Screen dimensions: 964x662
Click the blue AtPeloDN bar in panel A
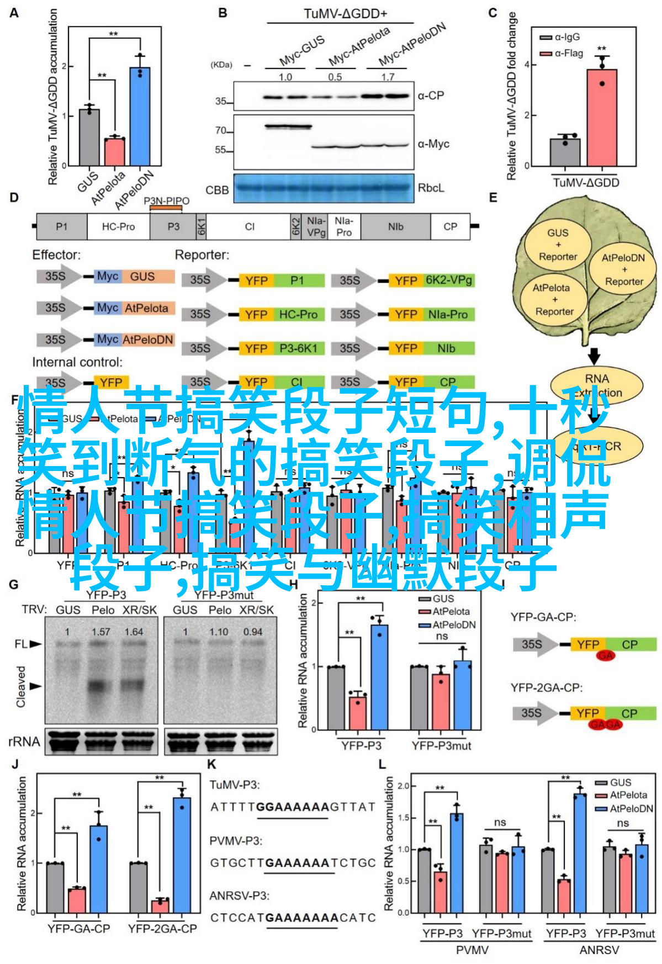coord(140,116)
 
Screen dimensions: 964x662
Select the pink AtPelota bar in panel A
coord(115,151)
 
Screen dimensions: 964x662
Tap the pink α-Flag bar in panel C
coord(601,118)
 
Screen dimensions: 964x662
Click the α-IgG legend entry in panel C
coord(560,37)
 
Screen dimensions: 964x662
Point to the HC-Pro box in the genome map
coord(118,226)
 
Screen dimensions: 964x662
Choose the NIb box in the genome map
coord(395,226)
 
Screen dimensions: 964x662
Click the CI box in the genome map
coord(250,226)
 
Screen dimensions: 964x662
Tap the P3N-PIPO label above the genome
coord(166,201)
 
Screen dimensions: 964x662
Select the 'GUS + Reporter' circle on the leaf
coord(558,245)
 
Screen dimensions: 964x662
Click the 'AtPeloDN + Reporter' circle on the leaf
coord(623,269)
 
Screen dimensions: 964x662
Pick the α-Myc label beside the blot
coord(433,144)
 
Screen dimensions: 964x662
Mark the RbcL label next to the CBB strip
coord(431,188)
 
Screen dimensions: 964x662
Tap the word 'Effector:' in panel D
coord(56,255)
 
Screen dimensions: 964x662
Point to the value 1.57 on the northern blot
coord(101,632)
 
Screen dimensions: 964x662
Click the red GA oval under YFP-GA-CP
coord(606,655)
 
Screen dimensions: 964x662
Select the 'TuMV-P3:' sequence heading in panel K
coord(234,785)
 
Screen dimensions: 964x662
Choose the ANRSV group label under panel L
coord(599,950)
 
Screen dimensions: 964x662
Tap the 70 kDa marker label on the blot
coord(221,131)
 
